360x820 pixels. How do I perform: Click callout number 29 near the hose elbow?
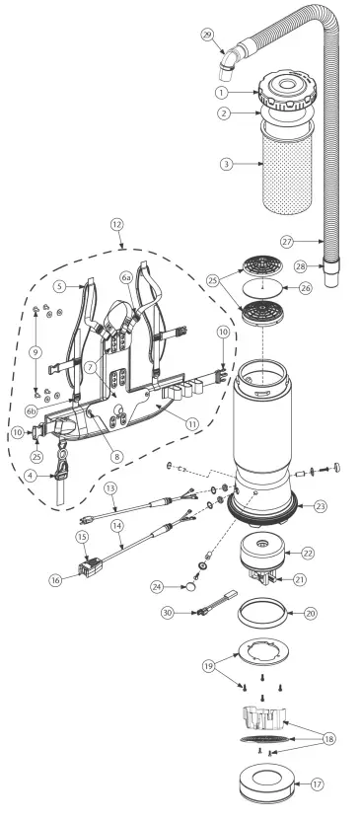tap(206, 35)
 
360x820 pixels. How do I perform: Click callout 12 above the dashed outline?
tap(116, 224)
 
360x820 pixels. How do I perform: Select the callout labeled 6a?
tap(126, 280)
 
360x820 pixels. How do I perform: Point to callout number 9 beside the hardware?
tap(36, 350)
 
